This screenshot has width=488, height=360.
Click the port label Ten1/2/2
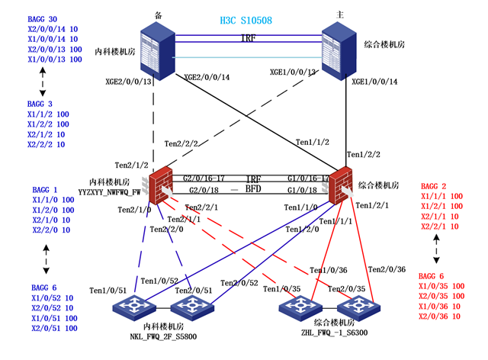tap(363, 155)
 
